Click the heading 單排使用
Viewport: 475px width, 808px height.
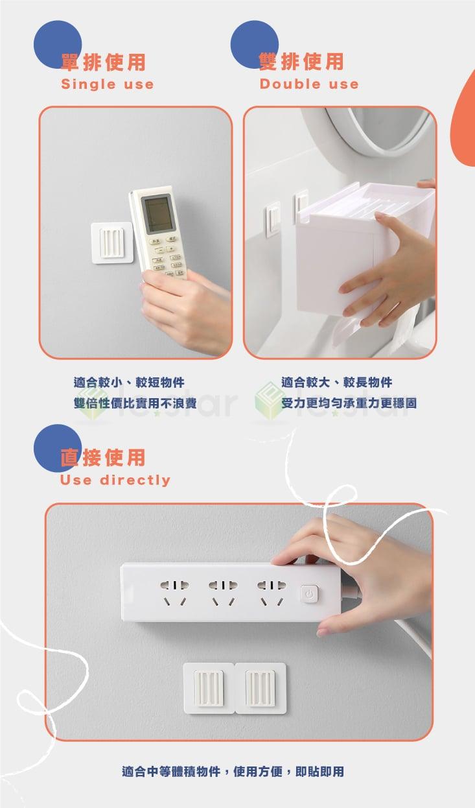click(103, 62)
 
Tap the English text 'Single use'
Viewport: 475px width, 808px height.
click(107, 84)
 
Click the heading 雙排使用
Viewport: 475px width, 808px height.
click(301, 62)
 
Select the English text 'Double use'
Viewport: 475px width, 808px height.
click(308, 84)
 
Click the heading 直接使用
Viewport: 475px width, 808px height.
click(103, 458)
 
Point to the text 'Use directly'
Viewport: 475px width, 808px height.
click(115, 481)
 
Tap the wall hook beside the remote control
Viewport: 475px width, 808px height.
click(113, 242)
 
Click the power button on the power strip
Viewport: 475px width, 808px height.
click(310, 593)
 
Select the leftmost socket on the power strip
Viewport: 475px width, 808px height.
click(173, 593)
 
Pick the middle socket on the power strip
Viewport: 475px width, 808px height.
click(221, 593)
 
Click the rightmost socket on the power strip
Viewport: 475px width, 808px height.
click(270, 593)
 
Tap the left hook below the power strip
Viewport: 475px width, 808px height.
click(209, 687)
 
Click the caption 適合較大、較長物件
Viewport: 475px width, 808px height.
click(336, 383)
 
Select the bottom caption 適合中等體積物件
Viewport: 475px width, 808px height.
click(233, 772)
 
